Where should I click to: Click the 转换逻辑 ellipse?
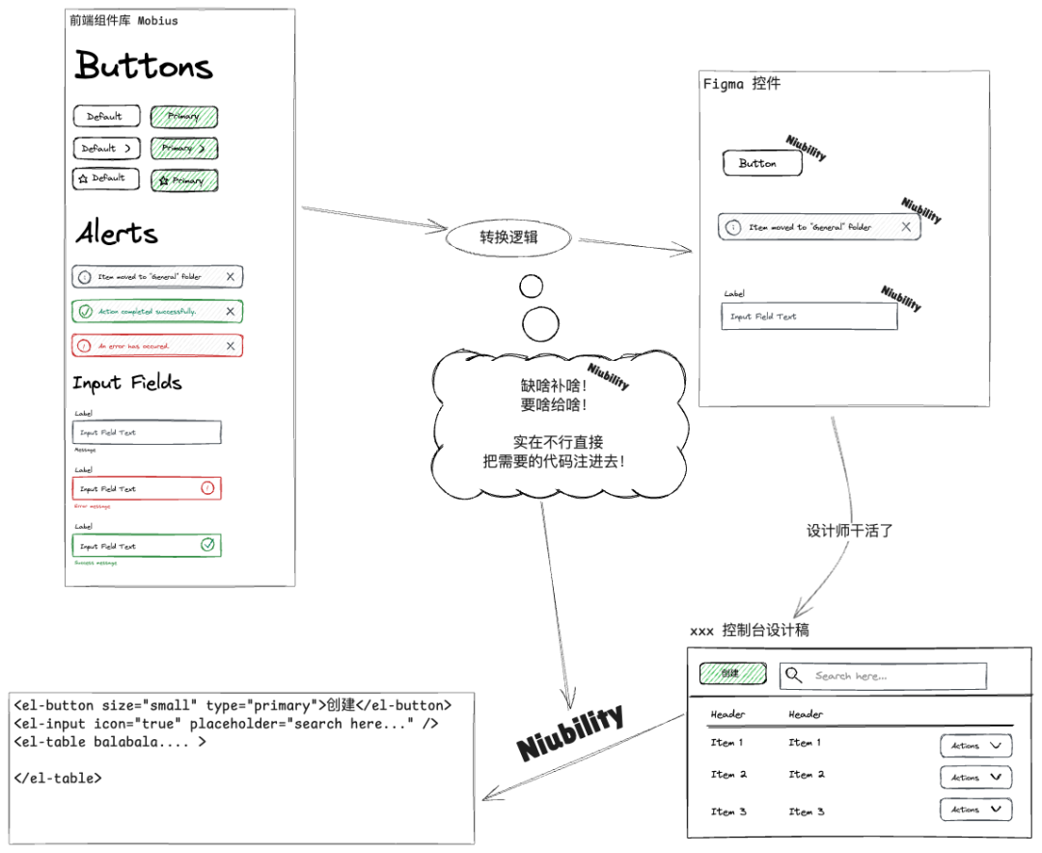[x=508, y=237]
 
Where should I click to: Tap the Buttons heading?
[x=144, y=66]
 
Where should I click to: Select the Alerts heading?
[x=117, y=233]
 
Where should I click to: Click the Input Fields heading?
[x=127, y=383]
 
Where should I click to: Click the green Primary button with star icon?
[x=183, y=180]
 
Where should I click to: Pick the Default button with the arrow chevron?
[x=106, y=149]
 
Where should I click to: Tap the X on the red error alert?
[x=230, y=345]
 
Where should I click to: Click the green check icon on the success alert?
[x=85, y=312]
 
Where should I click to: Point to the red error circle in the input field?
[x=207, y=488]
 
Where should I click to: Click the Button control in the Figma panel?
[x=762, y=164]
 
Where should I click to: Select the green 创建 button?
[x=732, y=674]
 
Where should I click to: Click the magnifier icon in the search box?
[x=793, y=675]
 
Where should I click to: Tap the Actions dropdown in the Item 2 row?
[x=975, y=777]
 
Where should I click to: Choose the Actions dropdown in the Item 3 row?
[x=975, y=810]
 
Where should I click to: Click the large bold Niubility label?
[x=570, y=733]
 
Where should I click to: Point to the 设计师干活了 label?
[x=850, y=531]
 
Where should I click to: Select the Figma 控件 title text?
[x=741, y=84]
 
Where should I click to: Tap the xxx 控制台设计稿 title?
[x=749, y=630]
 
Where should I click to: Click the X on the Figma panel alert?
[x=905, y=227]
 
